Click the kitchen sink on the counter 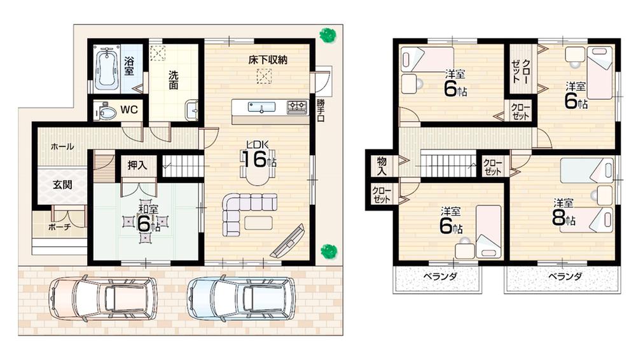[x=261, y=107]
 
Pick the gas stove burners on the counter [x=296, y=107]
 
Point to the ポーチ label [x=60, y=226]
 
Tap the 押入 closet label [x=137, y=165]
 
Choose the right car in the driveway [x=241, y=297]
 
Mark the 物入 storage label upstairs [x=381, y=167]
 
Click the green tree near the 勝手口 [x=328, y=35]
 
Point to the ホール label [x=62, y=146]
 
